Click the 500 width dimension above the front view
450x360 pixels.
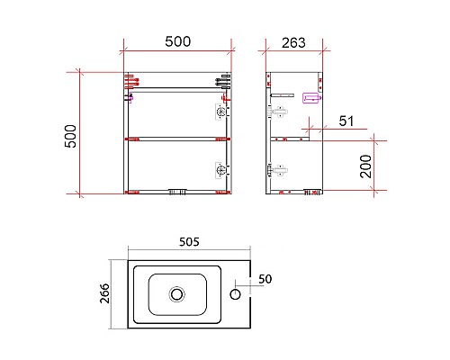pos(177,41)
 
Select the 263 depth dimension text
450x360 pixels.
pos(293,41)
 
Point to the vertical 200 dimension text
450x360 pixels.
pos(366,167)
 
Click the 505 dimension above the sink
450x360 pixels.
pos(189,241)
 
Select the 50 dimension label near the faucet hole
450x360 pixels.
pos(264,279)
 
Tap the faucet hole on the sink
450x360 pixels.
pos(238,292)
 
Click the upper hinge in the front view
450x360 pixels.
pos(220,112)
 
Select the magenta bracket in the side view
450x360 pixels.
pos(313,98)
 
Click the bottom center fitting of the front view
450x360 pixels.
pos(177,191)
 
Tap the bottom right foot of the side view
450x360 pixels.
pos(311,191)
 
